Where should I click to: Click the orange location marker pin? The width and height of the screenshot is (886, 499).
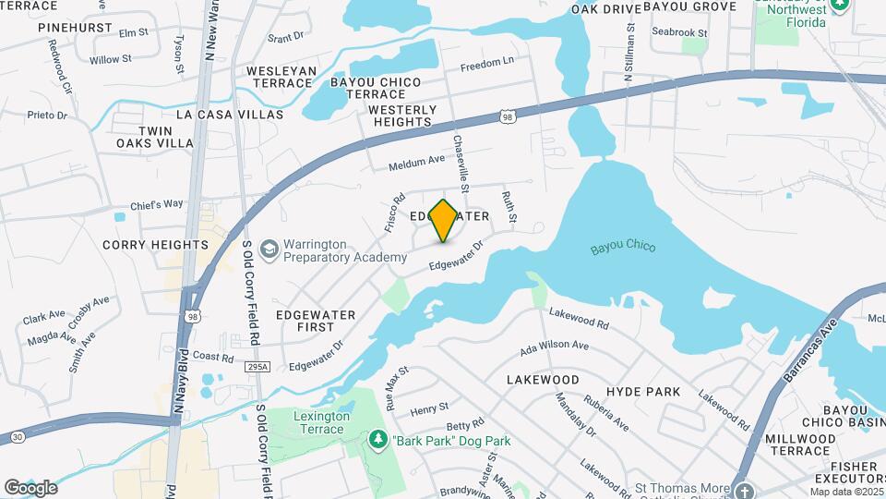[444, 221]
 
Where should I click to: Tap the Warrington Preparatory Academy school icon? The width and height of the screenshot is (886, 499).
[269, 249]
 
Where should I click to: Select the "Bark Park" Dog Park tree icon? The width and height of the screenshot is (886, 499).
[377, 440]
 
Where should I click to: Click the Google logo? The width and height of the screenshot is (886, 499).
[30, 488]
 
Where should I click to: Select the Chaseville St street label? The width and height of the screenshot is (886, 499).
[459, 162]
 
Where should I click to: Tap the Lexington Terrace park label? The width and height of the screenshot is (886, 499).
[322, 423]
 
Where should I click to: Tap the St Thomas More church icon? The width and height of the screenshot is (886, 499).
[742, 489]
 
